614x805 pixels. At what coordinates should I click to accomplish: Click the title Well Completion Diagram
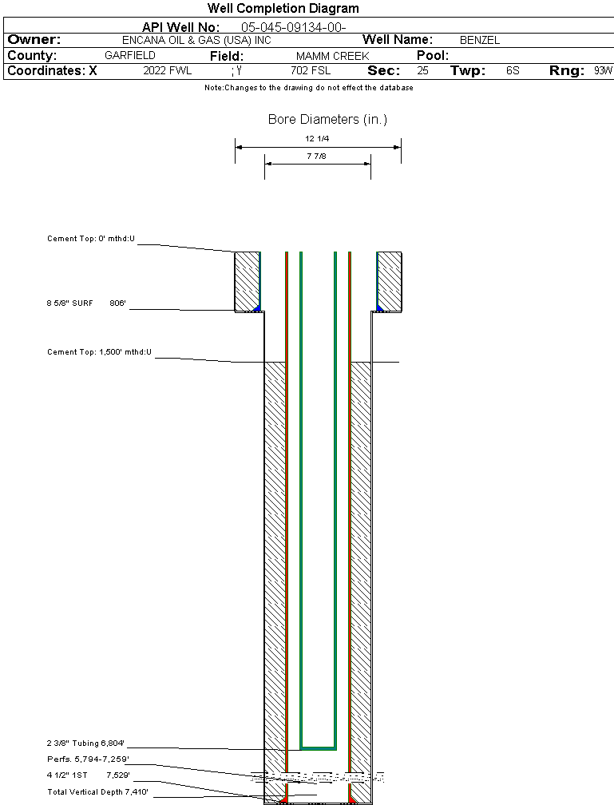[283, 9]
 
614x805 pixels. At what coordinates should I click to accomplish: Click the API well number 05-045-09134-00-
[293, 27]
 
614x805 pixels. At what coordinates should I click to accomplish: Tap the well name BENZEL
[480, 40]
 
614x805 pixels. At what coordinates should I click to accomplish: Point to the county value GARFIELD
[130, 56]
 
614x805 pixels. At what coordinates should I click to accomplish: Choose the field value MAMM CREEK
[333, 56]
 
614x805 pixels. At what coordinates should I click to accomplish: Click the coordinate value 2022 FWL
[168, 71]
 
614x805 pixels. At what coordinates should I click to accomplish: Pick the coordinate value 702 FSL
[311, 71]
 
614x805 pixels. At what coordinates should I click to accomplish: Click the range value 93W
[603, 71]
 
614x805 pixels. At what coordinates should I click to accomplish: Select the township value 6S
[513, 71]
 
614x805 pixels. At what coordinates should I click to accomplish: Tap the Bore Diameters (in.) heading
[327, 120]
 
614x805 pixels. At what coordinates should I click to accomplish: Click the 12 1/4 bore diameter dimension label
[317, 139]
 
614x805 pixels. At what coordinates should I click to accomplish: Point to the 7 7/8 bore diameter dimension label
[317, 157]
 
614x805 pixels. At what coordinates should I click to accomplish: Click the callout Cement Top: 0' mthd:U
[92, 239]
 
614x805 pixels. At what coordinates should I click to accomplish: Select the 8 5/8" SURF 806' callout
[87, 303]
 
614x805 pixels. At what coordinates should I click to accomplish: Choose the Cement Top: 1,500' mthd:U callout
[100, 351]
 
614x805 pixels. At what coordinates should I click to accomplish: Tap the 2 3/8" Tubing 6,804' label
[87, 743]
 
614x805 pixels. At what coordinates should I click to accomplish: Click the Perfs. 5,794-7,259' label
[88, 759]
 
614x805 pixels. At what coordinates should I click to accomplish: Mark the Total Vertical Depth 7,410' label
[97, 791]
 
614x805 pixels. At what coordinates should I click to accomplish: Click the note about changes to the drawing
[309, 88]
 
